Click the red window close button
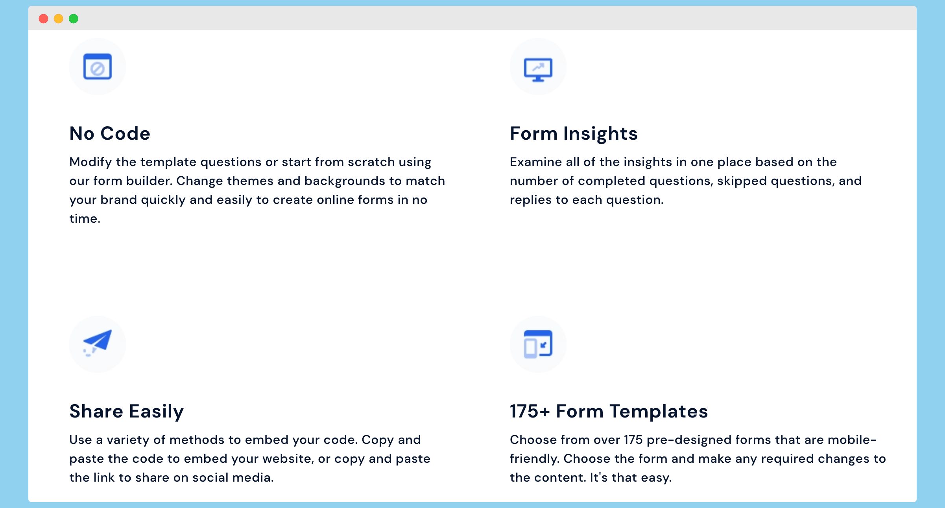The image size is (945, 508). [x=44, y=18]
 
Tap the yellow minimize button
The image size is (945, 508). [x=59, y=18]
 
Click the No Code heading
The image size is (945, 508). [x=110, y=133]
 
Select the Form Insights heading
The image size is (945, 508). [x=574, y=134]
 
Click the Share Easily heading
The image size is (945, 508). [x=127, y=412]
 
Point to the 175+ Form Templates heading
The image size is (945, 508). [x=609, y=412]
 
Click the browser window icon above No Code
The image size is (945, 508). [x=98, y=67]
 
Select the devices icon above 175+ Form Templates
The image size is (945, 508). [x=538, y=344]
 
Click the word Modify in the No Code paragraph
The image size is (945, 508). [x=90, y=163]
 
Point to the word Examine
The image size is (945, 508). [x=536, y=162]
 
